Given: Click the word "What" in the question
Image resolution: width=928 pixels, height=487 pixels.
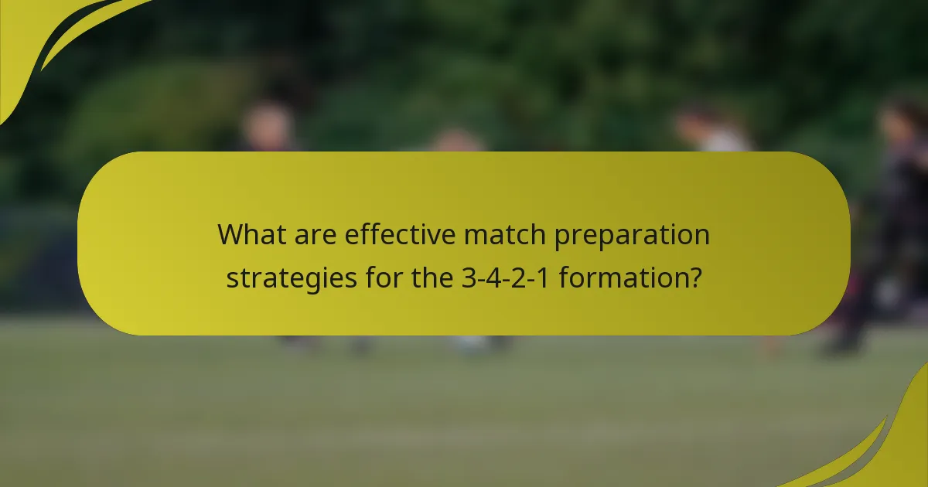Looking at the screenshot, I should [249, 234].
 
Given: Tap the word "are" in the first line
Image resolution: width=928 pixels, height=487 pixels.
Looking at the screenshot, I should [313, 234].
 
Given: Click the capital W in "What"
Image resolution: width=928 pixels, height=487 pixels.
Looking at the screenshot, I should [230, 234].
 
